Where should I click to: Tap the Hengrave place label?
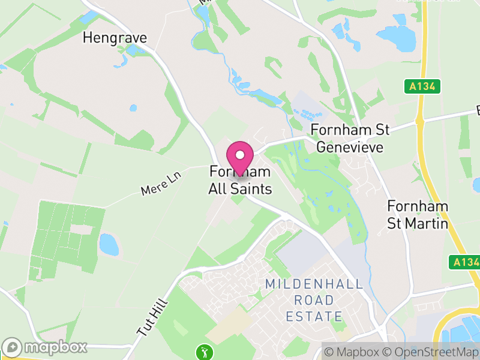click(115, 38)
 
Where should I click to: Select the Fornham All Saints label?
click(240, 181)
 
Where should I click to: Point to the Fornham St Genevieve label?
click(350, 138)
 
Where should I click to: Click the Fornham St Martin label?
click(418, 215)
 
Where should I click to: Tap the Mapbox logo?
click(46, 347)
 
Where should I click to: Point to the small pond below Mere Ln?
click(109, 244)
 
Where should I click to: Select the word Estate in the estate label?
click(314, 316)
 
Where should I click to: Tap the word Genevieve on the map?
click(349, 146)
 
